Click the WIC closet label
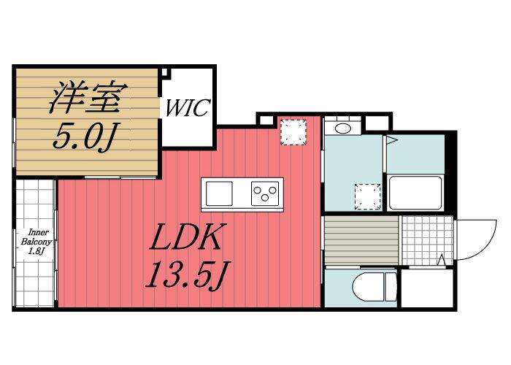(x=188, y=107)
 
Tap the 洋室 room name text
(x=88, y=97)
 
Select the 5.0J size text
(x=86, y=136)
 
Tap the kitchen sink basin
(x=219, y=193)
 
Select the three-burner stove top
(x=265, y=193)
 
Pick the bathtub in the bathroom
(x=415, y=193)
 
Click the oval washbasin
(x=343, y=128)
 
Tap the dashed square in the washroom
(x=368, y=196)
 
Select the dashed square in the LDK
(x=293, y=132)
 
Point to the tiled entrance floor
(x=427, y=240)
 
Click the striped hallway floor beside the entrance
(x=361, y=240)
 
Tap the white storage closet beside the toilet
(x=427, y=288)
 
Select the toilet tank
(x=391, y=287)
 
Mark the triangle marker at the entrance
(x=442, y=260)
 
